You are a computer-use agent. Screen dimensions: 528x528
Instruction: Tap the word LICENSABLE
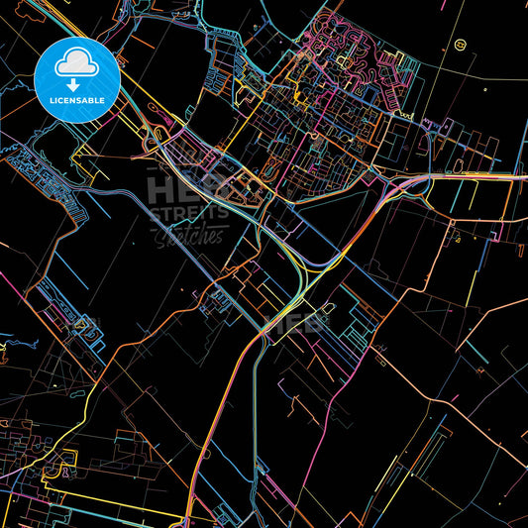[x=76, y=99]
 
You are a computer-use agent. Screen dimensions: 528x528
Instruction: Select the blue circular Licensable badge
[x=76, y=79]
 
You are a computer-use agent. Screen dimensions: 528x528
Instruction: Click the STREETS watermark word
[x=188, y=212]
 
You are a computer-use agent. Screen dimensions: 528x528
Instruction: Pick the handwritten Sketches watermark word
[x=188, y=235]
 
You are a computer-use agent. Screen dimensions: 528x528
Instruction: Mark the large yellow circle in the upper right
[x=459, y=45]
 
